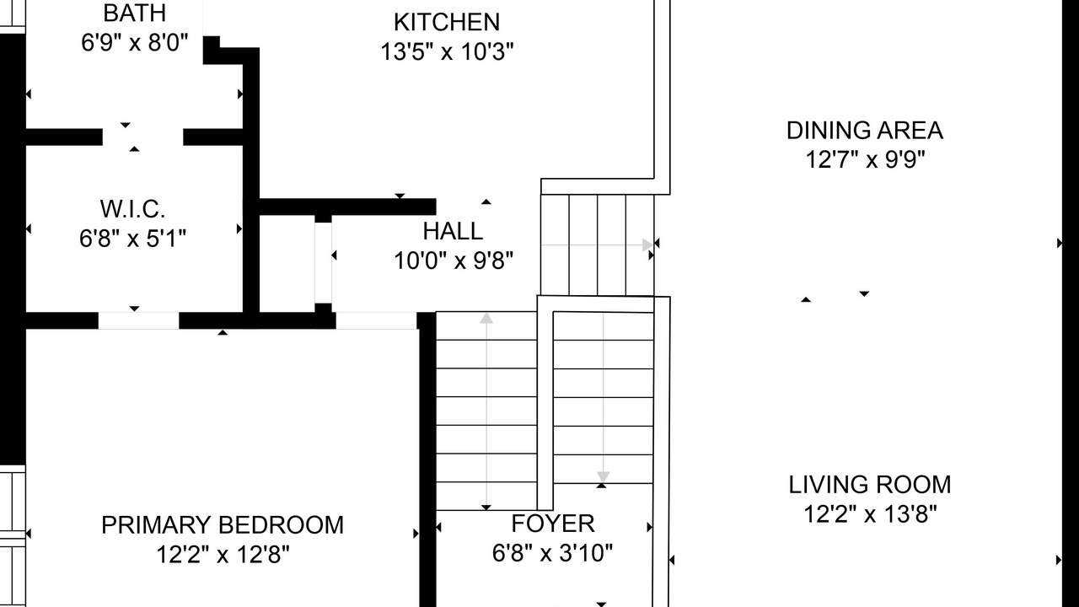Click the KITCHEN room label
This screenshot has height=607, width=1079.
(x=447, y=22)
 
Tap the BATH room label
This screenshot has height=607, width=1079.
(x=134, y=13)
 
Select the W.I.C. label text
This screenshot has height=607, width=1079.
(x=132, y=208)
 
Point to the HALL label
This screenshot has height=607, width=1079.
(x=453, y=231)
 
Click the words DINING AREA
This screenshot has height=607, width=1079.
(x=865, y=131)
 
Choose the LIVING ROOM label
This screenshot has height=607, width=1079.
(x=870, y=485)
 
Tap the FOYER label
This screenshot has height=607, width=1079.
(x=553, y=524)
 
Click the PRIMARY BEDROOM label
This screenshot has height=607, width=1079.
(x=223, y=525)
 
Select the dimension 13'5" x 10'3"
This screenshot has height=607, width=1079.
(x=447, y=51)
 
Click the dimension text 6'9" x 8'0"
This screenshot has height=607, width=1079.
(x=134, y=42)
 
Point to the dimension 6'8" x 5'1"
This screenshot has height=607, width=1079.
(x=132, y=238)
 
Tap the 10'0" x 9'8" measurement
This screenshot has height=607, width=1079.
(x=454, y=261)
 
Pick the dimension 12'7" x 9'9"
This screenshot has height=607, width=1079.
(x=865, y=159)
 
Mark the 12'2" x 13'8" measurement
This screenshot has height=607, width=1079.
(x=871, y=514)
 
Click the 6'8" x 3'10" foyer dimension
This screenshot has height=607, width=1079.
(x=552, y=553)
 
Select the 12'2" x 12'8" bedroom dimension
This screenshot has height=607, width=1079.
(x=223, y=555)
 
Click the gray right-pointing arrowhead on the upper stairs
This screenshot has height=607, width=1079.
(x=647, y=245)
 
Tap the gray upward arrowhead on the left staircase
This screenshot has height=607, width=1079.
(x=486, y=318)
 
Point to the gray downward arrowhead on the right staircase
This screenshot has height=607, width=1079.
(x=604, y=477)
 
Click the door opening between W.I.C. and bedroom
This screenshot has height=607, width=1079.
(x=139, y=320)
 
